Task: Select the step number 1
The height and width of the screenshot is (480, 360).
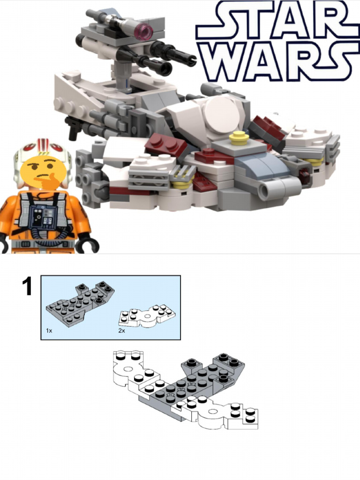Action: pos(28,286)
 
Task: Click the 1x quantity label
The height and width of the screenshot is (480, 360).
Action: pos(49,330)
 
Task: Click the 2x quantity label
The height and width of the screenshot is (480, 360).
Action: pos(121,330)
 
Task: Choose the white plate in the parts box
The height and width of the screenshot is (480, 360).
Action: pos(145,316)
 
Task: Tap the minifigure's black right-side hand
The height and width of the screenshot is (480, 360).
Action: pos(87,244)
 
